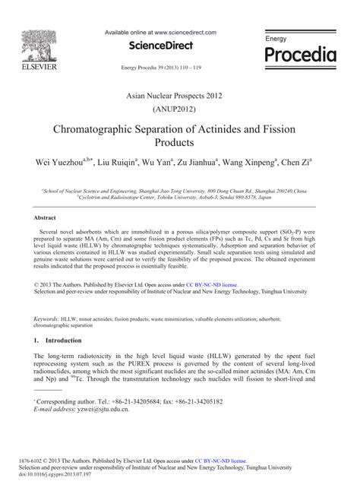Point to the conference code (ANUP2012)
(180, 108)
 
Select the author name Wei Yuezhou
(58, 162)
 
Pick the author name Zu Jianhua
(195, 162)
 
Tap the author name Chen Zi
(295, 162)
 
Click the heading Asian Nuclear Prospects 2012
(179, 93)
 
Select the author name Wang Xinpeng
(249, 162)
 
